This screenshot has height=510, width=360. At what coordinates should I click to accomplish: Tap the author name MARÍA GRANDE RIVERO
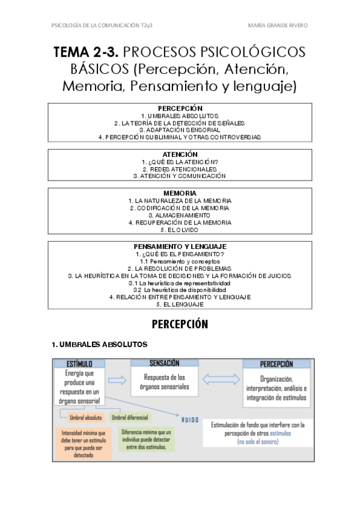(x=277, y=25)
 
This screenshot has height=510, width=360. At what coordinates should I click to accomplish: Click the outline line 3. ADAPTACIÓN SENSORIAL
(x=180, y=129)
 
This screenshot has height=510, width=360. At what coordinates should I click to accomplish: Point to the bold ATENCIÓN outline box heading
(x=180, y=155)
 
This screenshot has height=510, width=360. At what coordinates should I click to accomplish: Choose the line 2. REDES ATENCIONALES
(x=180, y=169)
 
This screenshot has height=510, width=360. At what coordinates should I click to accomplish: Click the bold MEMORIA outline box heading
(x=180, y=193)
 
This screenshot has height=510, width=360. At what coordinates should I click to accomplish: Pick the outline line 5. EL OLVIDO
(x=180, y=230)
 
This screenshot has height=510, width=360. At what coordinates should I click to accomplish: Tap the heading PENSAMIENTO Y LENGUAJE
(x=180, y=247)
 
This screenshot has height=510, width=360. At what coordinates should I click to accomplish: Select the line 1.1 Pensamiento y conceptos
(x=180, y=262)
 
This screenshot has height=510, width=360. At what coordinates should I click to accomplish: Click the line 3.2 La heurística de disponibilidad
(x=180, y=290)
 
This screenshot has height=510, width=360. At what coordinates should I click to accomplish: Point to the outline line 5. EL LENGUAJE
(x=180, y=304)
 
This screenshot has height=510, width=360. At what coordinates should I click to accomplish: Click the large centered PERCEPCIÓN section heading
(x=180, y=325)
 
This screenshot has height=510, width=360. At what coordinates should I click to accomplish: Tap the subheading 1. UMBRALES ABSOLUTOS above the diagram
(x=99, y=345)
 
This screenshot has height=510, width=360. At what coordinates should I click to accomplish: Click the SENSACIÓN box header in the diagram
(x=164, y=363)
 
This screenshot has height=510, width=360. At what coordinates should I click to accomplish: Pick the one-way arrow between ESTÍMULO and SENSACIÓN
(x=118, y=380)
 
